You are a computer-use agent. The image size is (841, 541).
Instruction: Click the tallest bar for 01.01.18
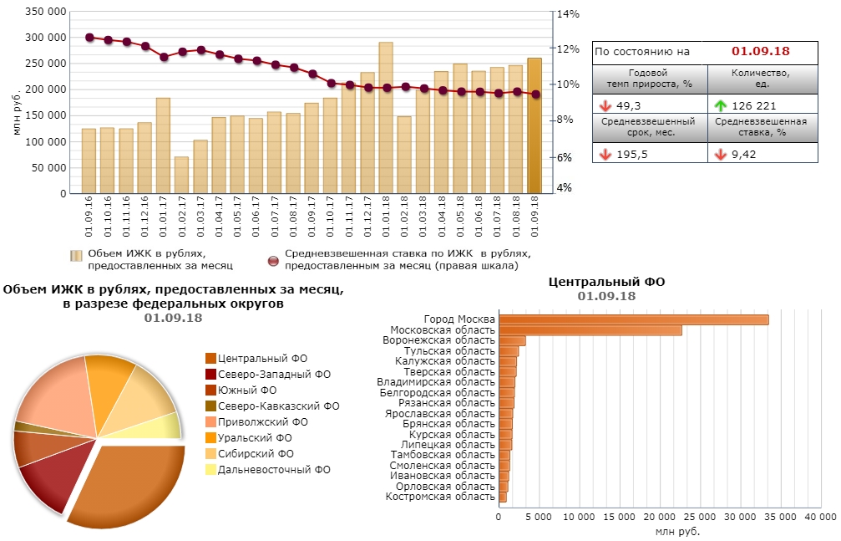pos(386,117)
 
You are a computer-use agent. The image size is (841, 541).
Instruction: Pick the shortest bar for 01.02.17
pos(181,175)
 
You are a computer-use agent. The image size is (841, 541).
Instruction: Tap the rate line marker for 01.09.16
pos(89,38)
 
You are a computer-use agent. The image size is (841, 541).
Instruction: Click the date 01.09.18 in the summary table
pos(761,52)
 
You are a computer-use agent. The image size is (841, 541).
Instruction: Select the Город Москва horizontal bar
pos(633,319)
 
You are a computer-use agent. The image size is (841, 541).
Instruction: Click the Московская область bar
pos(590,330)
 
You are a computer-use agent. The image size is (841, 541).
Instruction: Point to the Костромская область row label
pos(440,497)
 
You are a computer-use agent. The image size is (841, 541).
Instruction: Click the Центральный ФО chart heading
pos(606,282)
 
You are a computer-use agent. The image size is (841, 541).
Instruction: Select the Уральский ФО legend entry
pos(254,437)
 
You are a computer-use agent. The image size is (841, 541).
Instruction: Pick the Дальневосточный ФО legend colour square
pos(210,470)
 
